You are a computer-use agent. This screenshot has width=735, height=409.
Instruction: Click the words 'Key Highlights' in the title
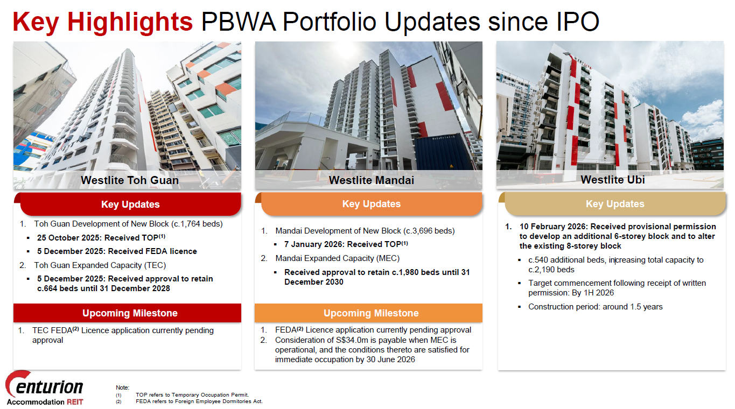(103, 22)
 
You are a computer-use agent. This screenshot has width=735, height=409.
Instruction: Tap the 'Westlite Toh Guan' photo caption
(130, 180)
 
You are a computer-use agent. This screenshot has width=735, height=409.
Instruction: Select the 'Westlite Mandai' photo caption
(372, 180)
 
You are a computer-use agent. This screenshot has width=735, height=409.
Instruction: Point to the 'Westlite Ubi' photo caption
(613, 180)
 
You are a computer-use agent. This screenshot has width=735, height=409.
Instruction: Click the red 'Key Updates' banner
(131, 204)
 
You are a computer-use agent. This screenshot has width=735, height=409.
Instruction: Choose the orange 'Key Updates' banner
(372, 203)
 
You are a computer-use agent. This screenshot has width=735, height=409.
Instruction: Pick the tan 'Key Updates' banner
(615, 203)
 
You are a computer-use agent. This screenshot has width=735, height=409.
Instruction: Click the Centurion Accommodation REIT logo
(45, 389)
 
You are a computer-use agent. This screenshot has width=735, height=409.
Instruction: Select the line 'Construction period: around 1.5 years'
(595, 307)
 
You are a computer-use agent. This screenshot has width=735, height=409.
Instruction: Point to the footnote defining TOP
(192, 395)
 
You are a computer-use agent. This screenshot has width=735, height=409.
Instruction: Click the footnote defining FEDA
(199, 401)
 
